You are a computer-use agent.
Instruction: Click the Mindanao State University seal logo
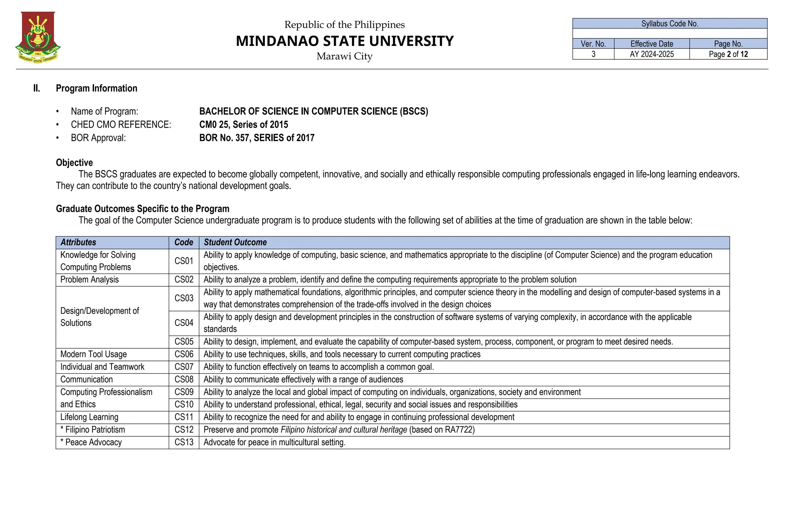click(x=38, y=37)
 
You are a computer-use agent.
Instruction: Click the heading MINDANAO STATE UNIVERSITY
click(x=344, y=41)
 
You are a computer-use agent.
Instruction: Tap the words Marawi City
click(x=344, y=56)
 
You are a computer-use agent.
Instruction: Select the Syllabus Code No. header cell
click(x=670, y=24)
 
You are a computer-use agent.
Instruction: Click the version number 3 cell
click(x=593, y=54)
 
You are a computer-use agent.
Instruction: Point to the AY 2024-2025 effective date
click(x=651, y=54)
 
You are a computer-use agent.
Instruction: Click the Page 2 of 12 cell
click(x=728, y=54)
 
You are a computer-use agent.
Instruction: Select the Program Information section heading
click(x=96, y=88)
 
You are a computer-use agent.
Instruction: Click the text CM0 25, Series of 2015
click(x=243, y=125)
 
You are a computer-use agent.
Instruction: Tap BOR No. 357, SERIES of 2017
click(x=256, y=138)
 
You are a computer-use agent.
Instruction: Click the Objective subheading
click(x=74, y=162)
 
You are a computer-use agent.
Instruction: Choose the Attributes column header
click(x=78, y=242)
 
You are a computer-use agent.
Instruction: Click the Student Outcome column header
click(x=235, y=242)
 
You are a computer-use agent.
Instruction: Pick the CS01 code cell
click(x=184, y=261)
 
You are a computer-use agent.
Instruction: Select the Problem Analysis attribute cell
click(x=89, y=280)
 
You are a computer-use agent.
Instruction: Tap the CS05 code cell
click(x=184, y=342)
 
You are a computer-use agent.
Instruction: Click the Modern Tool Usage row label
click(x=94, y=354)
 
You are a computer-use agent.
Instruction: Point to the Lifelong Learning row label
click(x=89, y=417)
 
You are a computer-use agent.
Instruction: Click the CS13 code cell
click(x=184, y=443)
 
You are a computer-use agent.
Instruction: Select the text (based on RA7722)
click(x=442, y=430)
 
